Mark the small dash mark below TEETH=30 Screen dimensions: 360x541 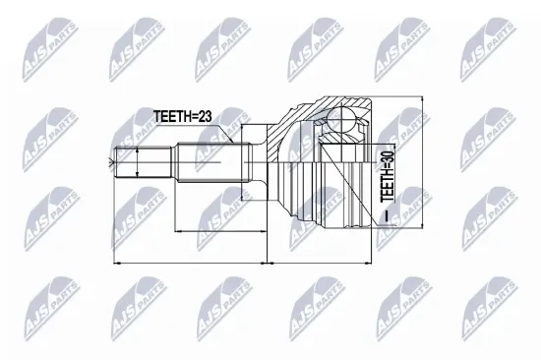coord(387,212)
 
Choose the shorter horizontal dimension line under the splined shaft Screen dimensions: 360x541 coord(221,231)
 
